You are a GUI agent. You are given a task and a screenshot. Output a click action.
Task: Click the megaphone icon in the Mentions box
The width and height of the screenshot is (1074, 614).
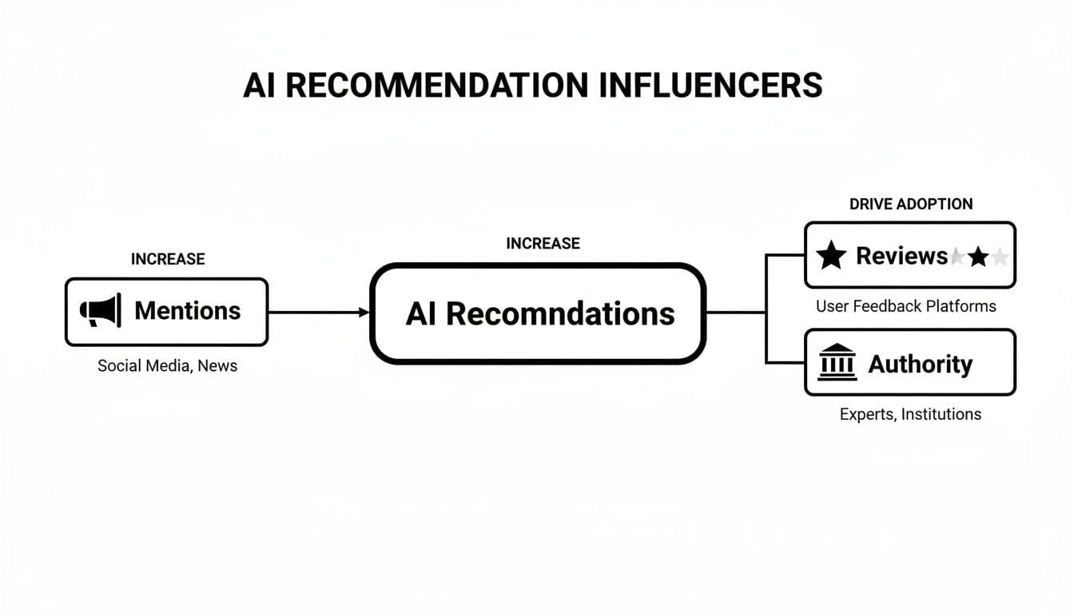101,311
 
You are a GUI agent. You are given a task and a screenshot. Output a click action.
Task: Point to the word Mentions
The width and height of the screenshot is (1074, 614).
187,311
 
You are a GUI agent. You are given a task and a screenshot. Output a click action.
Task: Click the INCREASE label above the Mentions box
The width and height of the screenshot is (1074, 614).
168,259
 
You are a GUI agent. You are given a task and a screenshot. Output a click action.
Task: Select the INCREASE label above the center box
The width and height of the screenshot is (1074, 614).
543,243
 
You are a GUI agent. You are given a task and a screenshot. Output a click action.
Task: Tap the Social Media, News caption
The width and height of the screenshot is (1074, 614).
167,365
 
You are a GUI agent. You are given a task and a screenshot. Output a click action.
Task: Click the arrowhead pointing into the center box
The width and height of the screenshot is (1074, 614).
364,313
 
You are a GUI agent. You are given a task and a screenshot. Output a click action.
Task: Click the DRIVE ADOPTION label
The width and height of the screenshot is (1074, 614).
911,204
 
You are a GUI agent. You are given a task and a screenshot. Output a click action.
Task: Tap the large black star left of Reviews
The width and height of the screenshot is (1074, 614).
831,256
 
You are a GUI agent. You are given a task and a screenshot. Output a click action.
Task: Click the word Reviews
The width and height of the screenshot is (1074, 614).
901,256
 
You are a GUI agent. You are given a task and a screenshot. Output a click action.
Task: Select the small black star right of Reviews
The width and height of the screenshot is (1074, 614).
978,257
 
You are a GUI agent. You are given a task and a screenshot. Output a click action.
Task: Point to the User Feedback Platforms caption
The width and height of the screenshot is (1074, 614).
905,305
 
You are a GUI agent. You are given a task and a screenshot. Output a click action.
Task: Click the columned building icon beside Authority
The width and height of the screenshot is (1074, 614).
837,364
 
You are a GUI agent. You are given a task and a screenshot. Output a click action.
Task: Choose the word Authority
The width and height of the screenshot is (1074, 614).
920,364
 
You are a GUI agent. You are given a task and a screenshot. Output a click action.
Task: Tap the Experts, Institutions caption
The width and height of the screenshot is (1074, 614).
910,414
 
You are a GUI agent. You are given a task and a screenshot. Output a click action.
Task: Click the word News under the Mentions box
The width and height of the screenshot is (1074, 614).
218,365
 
